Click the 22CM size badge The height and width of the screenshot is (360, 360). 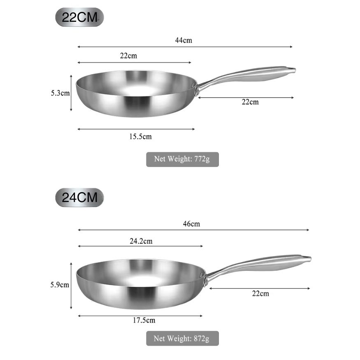[79, 18]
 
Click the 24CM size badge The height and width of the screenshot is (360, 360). [79, 197]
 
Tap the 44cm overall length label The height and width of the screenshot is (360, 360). [183, 40]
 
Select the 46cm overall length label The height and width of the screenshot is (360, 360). [191, 224]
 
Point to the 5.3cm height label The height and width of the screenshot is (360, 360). [60, 93]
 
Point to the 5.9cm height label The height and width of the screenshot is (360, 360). [60, 284]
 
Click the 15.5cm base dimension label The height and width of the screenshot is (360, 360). [140, 137]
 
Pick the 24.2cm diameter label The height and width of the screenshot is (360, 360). [141, 241]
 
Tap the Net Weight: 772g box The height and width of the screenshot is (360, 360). [182, 159]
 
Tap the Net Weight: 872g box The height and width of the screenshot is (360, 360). [182, 339]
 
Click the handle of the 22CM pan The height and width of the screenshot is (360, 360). [255, 74]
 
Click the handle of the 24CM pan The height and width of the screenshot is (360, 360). [267, 263]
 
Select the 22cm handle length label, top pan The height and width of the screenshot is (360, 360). [250, 102]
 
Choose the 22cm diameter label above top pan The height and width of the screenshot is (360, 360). [128, 56]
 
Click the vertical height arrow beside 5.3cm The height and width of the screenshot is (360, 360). [71, 93]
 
